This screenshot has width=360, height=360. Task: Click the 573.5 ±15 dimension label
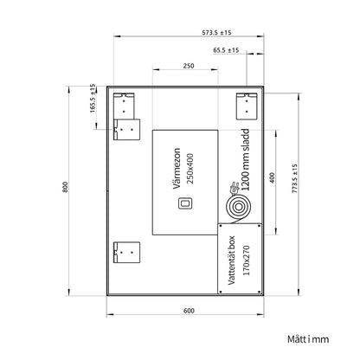point(216,33)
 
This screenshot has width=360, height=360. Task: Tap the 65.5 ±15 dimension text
point(226,50)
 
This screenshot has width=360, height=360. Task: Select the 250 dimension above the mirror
point(189,66)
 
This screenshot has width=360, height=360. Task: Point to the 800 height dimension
point(65,187)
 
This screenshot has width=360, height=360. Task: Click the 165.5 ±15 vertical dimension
point(93,99)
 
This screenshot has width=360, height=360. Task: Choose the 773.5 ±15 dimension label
point(294,179)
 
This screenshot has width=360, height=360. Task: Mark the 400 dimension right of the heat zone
point(272,177)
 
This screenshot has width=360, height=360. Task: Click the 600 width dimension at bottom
point(189,311)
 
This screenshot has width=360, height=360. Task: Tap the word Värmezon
point(177,169)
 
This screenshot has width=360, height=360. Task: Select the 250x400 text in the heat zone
point(190,169)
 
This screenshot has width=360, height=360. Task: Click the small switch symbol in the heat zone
point(184,203)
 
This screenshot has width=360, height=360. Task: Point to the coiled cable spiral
point(238,207)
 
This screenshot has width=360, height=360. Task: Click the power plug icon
point(235,188)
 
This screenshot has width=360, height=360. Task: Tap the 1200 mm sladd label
point(246,160)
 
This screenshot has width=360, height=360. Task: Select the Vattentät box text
point(232,260)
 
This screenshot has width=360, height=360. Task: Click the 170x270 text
point(246,260)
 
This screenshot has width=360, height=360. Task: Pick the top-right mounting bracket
point(247,106)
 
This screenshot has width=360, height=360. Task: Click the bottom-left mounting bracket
point(126,253)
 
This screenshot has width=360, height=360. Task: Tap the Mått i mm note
point(308,339)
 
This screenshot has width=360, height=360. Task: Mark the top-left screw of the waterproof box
point(221,226)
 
